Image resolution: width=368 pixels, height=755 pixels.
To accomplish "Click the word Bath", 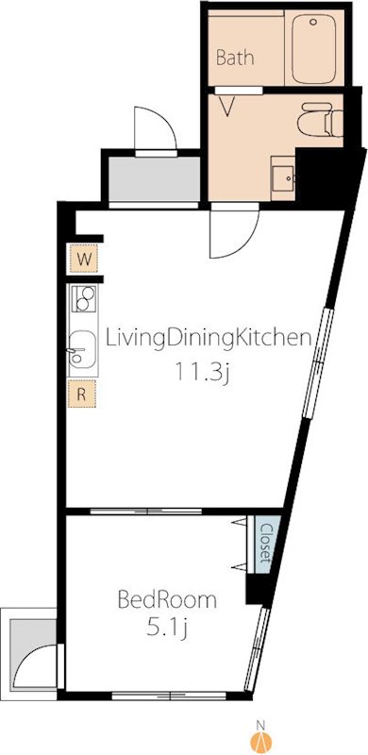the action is (x=235, y=58).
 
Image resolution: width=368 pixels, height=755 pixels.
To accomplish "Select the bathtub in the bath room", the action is (x=313, y=48).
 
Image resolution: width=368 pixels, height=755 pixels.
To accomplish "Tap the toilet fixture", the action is (x=320, y=120).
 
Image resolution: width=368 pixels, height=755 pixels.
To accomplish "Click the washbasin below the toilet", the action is (x=283, y=178).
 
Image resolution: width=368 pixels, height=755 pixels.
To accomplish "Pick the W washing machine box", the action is (x=84, y=259).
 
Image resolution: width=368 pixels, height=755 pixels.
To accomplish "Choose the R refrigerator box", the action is (x=81, y=394).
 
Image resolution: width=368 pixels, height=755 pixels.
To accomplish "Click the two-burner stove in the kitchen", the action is (x=84, y=298).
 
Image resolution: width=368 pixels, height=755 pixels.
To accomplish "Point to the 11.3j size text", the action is (x=201, y=372).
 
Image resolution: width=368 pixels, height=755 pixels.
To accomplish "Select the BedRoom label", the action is (x=167, y=600).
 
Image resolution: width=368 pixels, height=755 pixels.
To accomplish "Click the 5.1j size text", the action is (x=167, y=629).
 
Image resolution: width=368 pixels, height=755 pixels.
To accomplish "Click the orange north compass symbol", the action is (x=261, y=741).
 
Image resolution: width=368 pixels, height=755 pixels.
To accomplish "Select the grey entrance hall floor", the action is (x=154, y=178).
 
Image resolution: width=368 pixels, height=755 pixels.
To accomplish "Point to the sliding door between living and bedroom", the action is (x=146, y=512).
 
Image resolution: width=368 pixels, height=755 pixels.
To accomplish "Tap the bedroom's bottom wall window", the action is (x=169, y=696).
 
